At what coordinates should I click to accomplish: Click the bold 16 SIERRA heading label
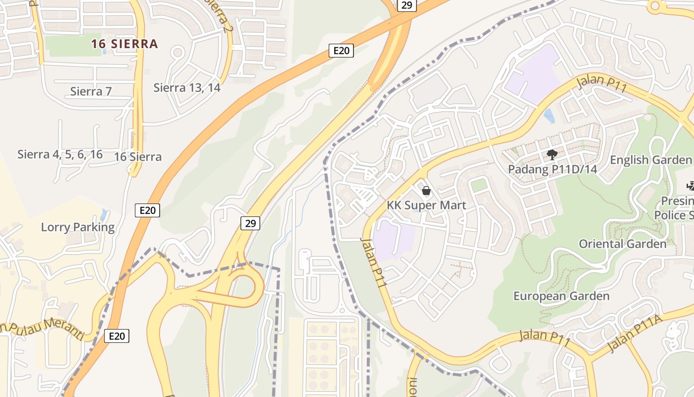(124, 44)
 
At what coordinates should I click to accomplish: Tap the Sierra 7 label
(91, 91)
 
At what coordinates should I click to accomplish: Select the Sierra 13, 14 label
(187, 88)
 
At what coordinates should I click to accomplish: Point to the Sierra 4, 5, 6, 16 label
(60, 154)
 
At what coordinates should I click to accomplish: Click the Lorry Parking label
(77, 227)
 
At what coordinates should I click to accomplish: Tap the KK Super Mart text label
(426, 205)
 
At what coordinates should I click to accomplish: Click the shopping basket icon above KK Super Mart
(426, 191)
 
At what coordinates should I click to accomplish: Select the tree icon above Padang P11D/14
(552, 155)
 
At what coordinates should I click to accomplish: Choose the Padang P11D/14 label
(552, 169)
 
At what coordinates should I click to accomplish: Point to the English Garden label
(650, 160)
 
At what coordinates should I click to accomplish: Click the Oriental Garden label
(623, 244)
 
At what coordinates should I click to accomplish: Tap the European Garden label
(561, 296)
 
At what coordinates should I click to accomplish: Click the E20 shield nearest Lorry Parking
(147, 210)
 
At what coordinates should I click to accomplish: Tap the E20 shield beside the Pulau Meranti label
(117, 336)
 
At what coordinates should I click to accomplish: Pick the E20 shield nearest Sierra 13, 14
(341, 50)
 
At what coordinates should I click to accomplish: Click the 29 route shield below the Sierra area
(250, 223)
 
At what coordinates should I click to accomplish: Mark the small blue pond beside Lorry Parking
(103, 215)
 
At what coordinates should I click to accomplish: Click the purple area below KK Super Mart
(394, 240)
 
